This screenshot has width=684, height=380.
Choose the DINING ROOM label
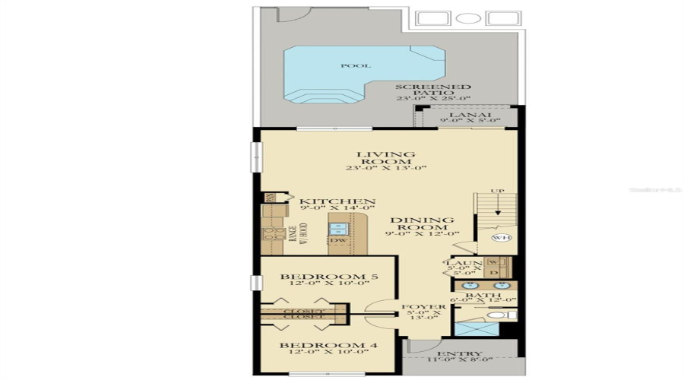tap(423, 225)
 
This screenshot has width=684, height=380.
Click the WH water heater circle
tap(499, 238)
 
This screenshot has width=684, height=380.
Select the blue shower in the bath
tap(474, 328)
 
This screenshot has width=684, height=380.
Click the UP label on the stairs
tap(497, 190)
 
